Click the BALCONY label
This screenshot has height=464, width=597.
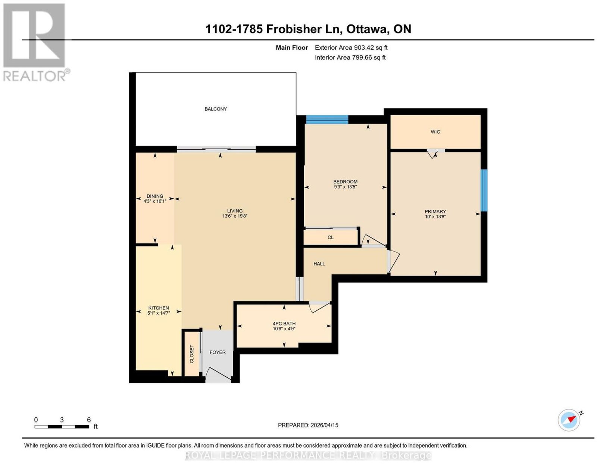(215, 109)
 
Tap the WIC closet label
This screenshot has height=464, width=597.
(435, 132)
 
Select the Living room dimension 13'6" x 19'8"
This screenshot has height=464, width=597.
(235, 216)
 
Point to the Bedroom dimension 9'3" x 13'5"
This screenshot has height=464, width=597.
(346, 187)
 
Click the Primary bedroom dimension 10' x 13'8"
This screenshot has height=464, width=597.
(435, 217)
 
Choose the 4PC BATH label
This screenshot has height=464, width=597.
(284, 324)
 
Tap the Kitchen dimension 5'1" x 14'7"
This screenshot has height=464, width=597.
(159, 313)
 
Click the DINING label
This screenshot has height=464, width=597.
(155, 196)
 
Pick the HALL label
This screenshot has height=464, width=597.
(319, 264)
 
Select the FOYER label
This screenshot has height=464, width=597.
(218, 352)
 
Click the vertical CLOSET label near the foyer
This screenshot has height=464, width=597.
(192, 354)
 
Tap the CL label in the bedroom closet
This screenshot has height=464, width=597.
(331, 237)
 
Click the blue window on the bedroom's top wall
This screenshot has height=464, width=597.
(327, 119)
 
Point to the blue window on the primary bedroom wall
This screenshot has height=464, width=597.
(484, 190)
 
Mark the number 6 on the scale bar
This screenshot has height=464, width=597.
(89, 420)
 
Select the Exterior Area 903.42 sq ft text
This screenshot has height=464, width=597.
(351, 47)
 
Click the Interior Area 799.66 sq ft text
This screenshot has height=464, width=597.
(350, 57)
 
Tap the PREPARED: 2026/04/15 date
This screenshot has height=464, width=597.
(308, 425)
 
